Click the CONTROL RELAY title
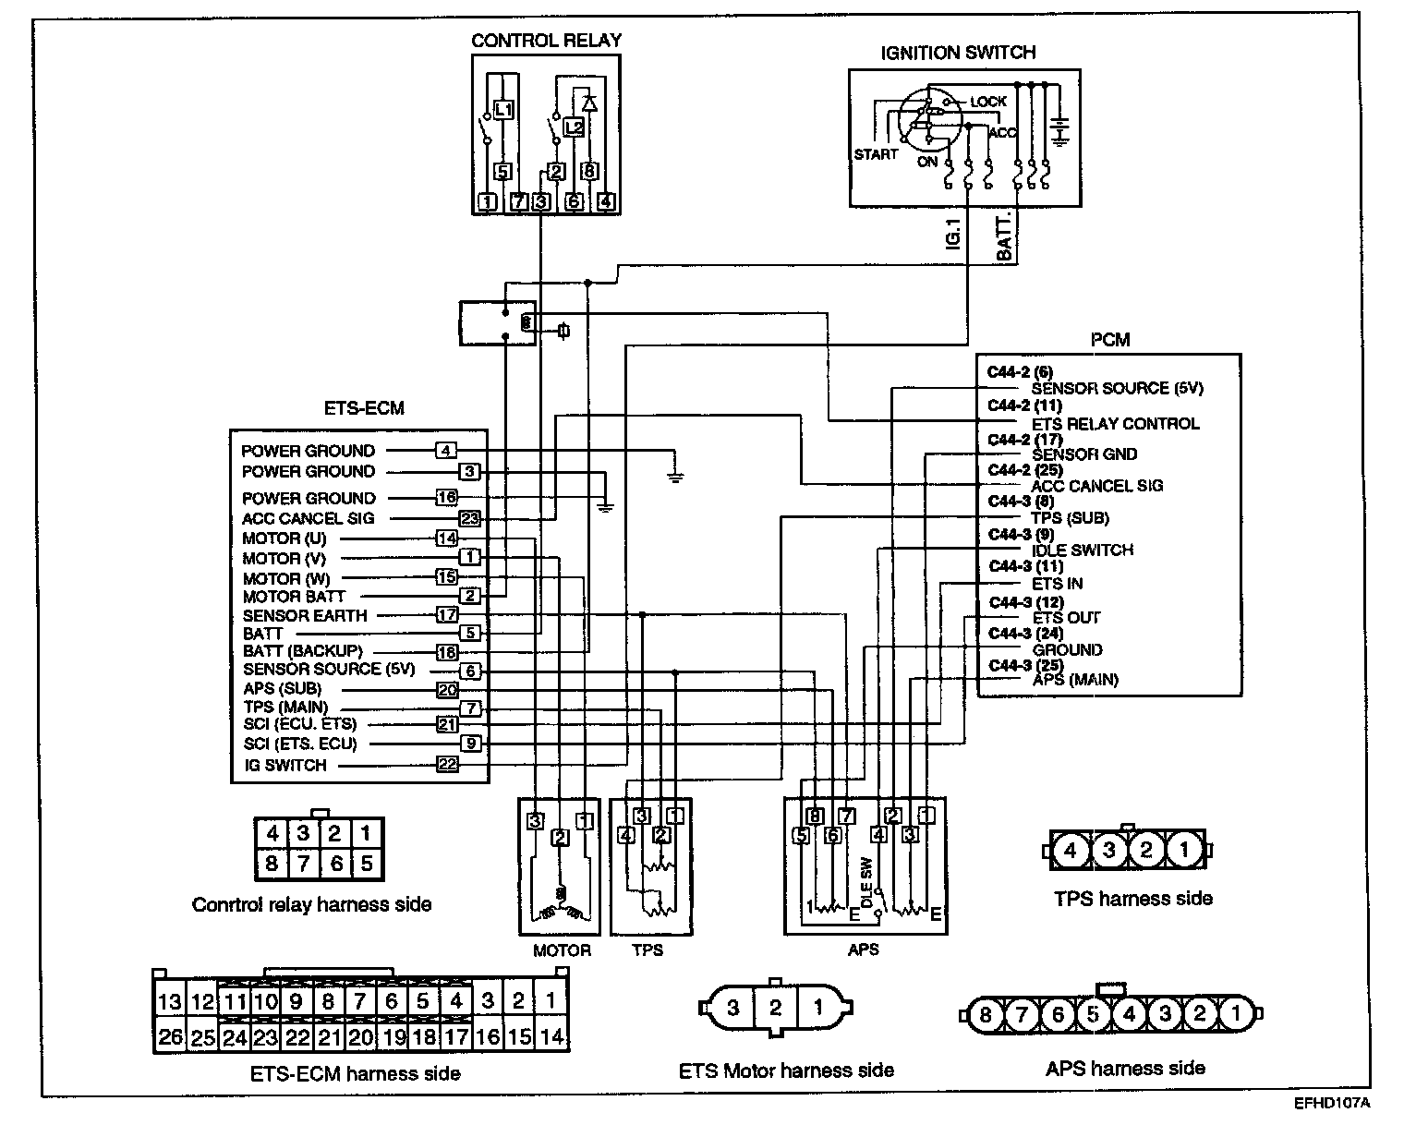point(546,41)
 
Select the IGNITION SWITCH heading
point(958,53)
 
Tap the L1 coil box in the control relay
point(502,110)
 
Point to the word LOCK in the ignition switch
point(987,102)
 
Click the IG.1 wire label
point(955,236)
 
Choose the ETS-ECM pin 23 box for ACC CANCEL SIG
point(470,518)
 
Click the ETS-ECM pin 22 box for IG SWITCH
point(447,764)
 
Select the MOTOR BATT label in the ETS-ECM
point(294,597)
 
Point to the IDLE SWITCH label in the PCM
point(1082,550)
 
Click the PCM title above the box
point(1109,340)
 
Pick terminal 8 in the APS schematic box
point(814,816)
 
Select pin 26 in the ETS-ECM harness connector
point(170,1036)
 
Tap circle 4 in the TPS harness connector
point(1071,850)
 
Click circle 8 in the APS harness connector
point(986,1015)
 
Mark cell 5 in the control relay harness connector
point(366,864)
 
